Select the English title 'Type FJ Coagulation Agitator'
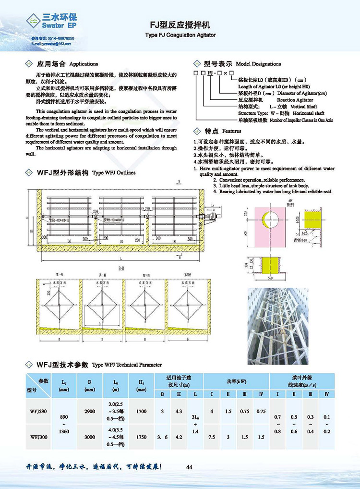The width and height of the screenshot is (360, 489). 180,35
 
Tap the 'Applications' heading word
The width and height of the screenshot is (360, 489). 84,64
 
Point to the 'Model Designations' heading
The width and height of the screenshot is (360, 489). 259,64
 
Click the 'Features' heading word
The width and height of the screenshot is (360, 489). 232,131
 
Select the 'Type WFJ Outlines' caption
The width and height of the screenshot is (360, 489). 114,172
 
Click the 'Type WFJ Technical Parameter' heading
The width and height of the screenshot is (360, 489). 127,365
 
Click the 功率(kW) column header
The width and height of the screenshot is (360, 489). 237,381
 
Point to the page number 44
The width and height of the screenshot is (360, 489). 189,467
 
